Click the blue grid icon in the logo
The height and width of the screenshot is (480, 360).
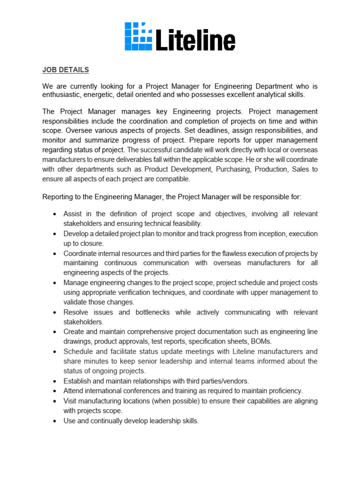coord(138,37)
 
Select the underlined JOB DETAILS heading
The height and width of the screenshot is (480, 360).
coord(66,70)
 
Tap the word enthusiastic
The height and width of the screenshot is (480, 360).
coord(62,95)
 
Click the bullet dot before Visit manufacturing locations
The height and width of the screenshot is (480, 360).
coord(55,401)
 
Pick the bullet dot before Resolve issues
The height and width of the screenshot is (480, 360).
coord(55,313)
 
